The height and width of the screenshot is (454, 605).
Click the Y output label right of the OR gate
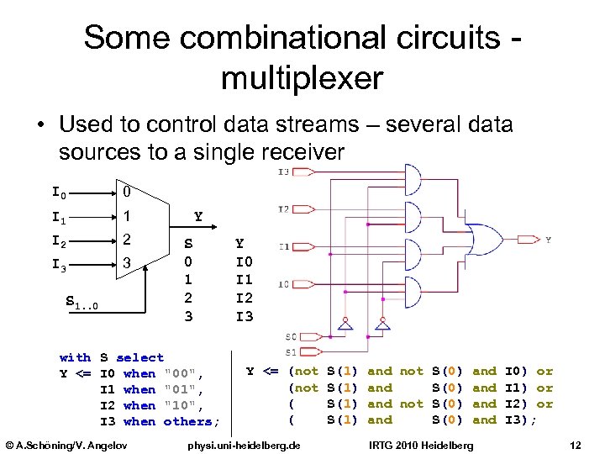coord(549,240)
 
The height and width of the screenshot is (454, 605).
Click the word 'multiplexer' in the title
coord(302,78)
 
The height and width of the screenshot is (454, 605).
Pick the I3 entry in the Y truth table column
coord(244,316)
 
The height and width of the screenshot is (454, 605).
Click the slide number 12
coord(575,443)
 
